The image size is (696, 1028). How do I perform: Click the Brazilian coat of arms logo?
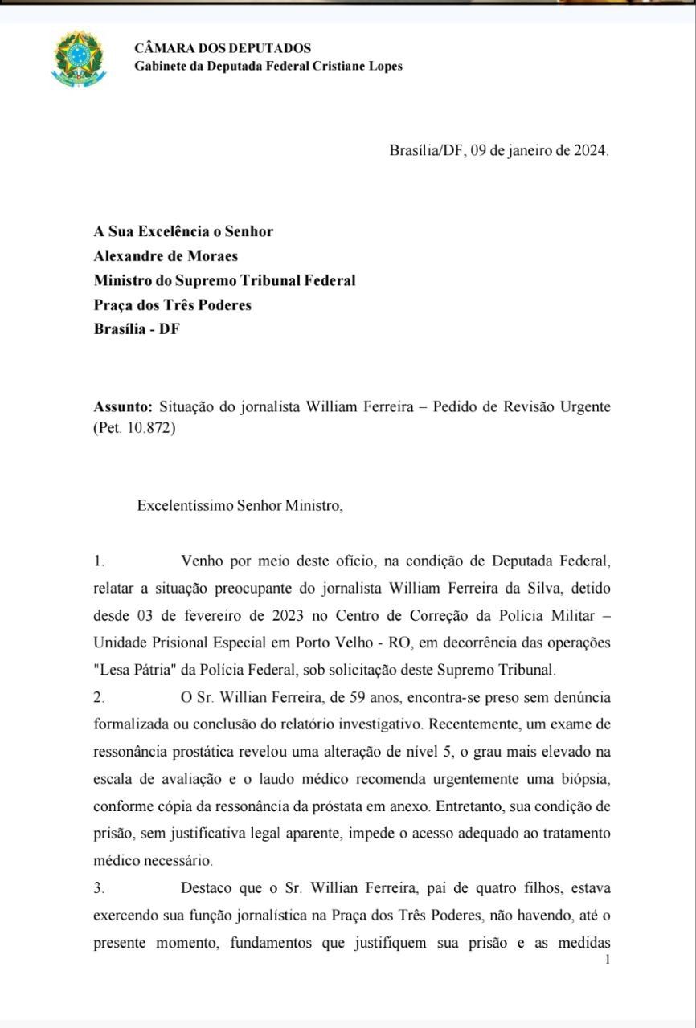78,57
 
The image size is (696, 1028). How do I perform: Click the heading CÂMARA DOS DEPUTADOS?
223,48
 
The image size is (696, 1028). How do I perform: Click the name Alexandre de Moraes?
166,256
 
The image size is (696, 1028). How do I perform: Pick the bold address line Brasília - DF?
137,329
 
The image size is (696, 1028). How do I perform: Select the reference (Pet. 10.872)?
134,428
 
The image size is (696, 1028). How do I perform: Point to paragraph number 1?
98,561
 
